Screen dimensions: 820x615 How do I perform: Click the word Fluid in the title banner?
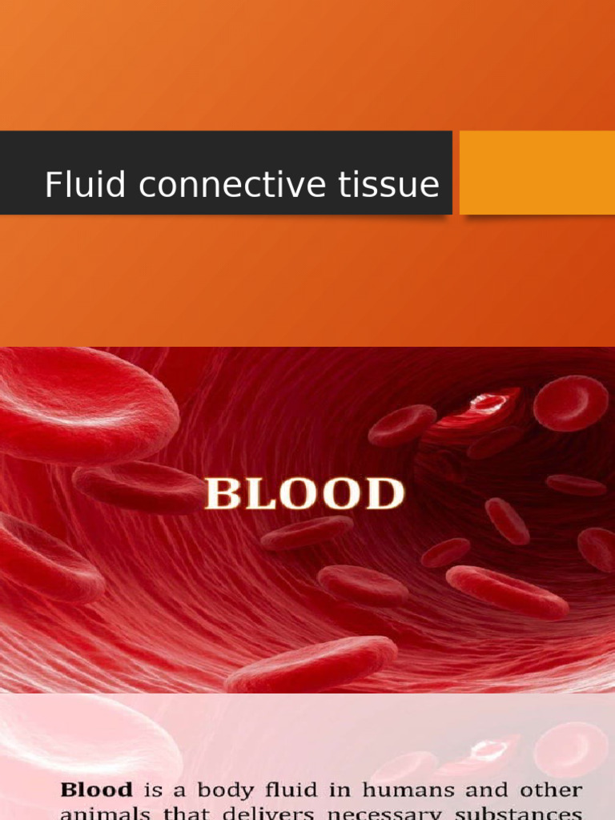coord(74,185)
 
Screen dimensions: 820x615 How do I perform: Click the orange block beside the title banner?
coord(537,172)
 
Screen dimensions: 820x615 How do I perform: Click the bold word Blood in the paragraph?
coord(97,790)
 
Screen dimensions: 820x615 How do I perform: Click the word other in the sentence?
coord(551,790)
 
